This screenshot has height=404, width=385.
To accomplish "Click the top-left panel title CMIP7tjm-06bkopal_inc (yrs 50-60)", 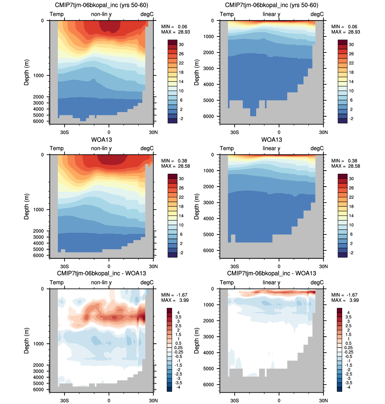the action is click(x=101, y=5).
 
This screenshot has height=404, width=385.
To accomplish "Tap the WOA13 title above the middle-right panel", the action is click(x=271, y=140).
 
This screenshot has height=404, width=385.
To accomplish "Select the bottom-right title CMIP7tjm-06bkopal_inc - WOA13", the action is click(x=271, y=273).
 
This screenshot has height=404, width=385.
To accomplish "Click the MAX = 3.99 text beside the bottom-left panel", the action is click(x=175, y=300).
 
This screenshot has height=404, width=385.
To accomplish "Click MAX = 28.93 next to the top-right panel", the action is click(x=345, y=32).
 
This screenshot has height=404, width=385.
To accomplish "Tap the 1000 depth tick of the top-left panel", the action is click(x=38, y=76).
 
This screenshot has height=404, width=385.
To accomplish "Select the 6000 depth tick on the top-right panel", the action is click(x=209, y=116).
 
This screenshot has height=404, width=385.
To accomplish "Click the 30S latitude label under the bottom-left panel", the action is click(x=64, y=400).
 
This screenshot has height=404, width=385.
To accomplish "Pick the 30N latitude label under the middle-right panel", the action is click(x=323, y=267).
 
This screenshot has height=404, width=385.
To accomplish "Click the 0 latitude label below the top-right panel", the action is click(x=279, y=132).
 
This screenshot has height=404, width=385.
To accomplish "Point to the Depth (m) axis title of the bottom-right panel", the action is click(x=197, y=341).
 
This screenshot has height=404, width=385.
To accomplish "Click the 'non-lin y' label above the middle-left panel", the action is click(x=101, y=149).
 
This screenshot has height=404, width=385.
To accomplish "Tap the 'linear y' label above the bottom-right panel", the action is click(x=271, y=282).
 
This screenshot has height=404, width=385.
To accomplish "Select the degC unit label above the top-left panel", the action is click(x=147, y=14).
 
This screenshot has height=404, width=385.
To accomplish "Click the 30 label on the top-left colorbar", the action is click(x=181, y=45).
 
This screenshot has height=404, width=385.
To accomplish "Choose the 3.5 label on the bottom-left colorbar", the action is click(x=178, y=317).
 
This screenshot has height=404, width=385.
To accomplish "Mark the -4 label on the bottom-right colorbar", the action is click(x=348, y=387).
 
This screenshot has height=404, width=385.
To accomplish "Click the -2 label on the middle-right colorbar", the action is click(x=351, y=253).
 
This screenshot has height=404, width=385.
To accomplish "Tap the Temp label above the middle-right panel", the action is click(x=227, y=149).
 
